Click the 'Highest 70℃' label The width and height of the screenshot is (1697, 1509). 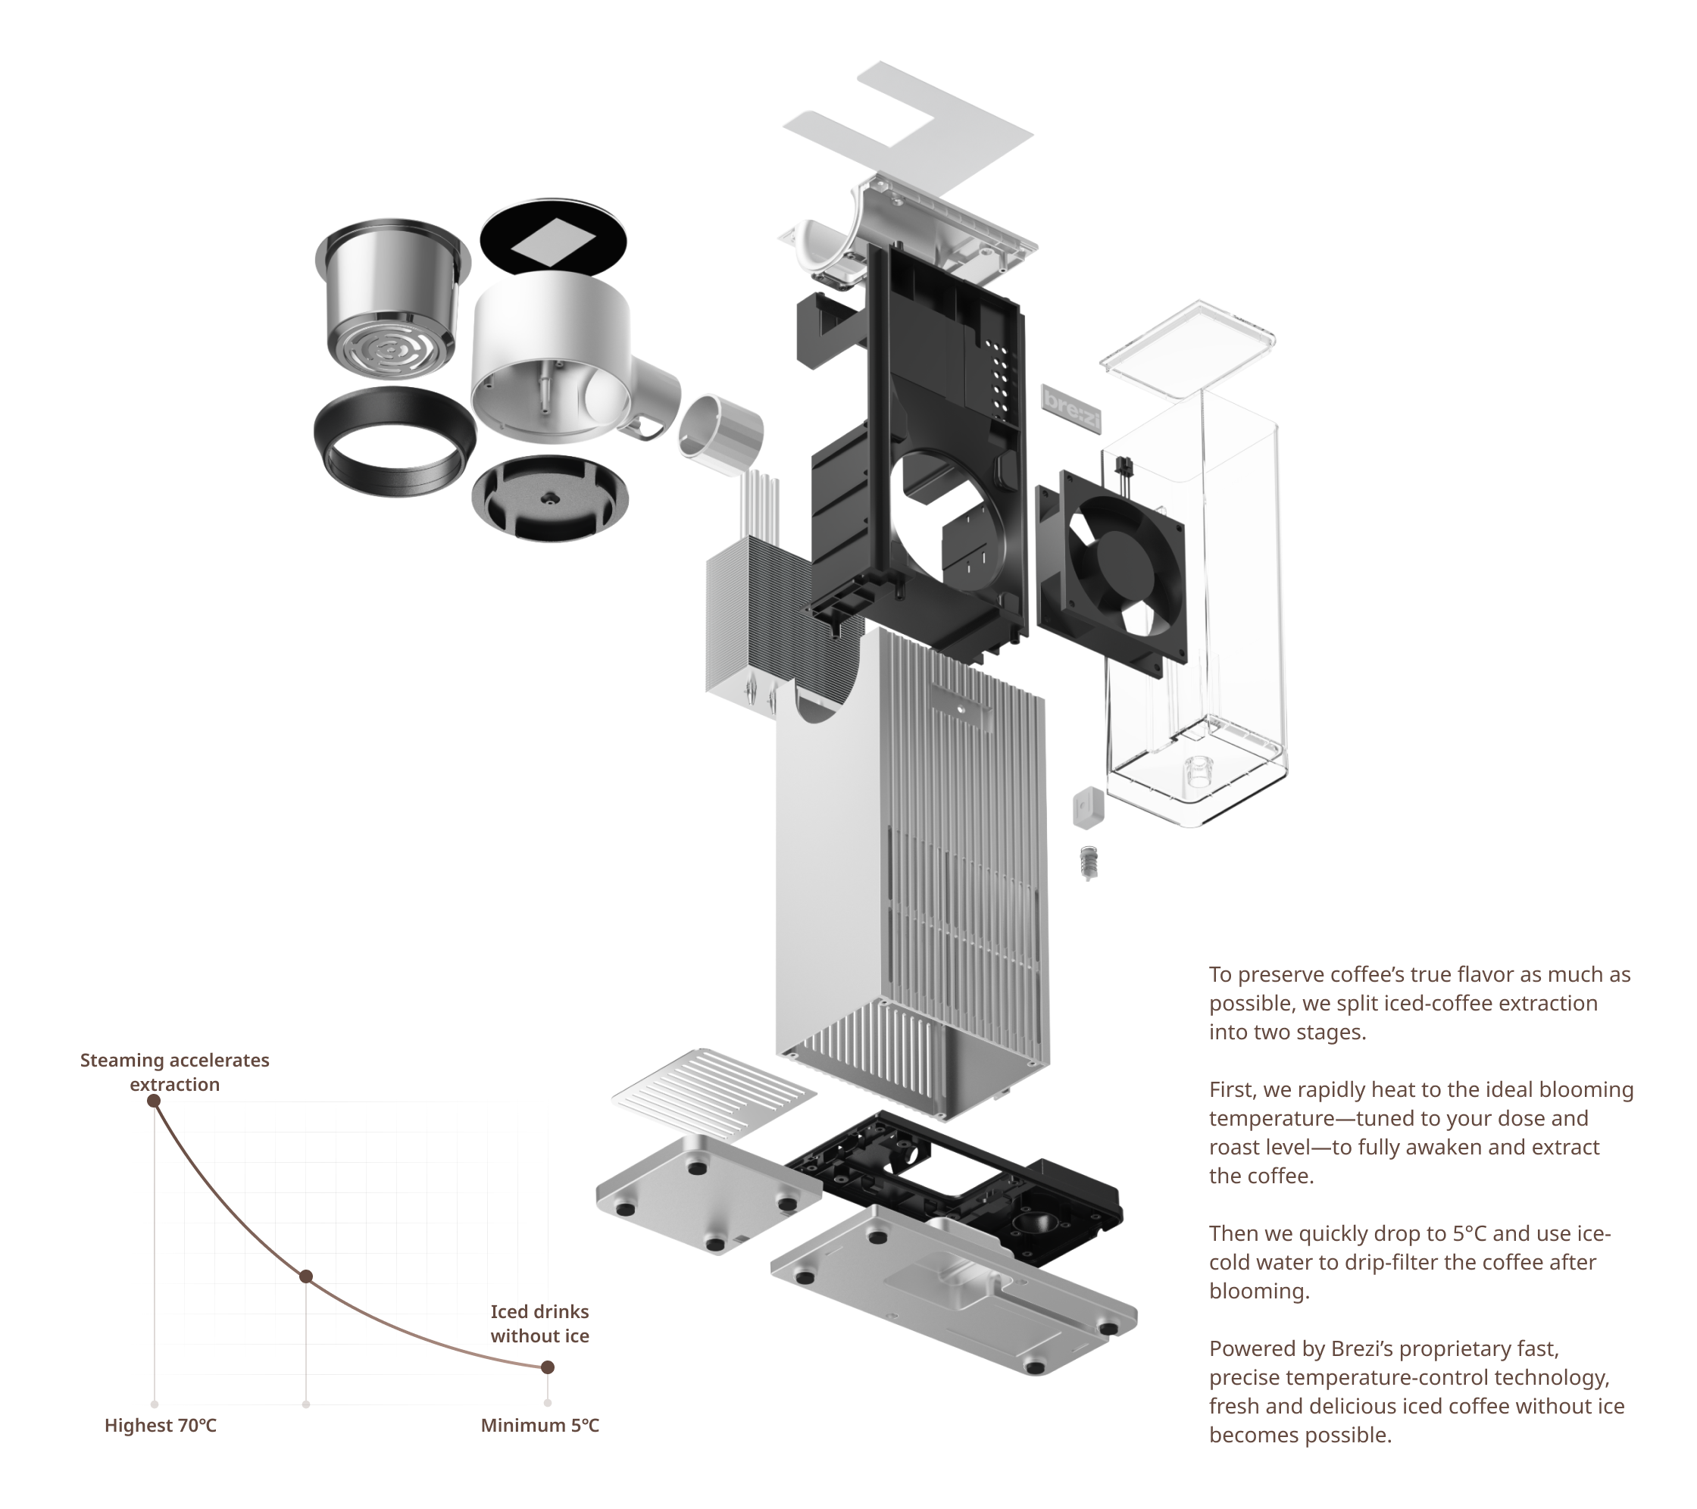tap(161, 1425)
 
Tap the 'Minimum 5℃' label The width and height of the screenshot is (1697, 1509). tap(539, 1425)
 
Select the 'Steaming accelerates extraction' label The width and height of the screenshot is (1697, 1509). tap(174, 1072)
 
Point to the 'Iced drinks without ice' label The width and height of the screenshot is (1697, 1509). tap(539, 1323)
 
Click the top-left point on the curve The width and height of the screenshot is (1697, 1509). tap(154, 1101)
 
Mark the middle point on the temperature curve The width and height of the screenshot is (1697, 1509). tap(305, 1276)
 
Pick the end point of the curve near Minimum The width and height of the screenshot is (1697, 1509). tap(547, 1367)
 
